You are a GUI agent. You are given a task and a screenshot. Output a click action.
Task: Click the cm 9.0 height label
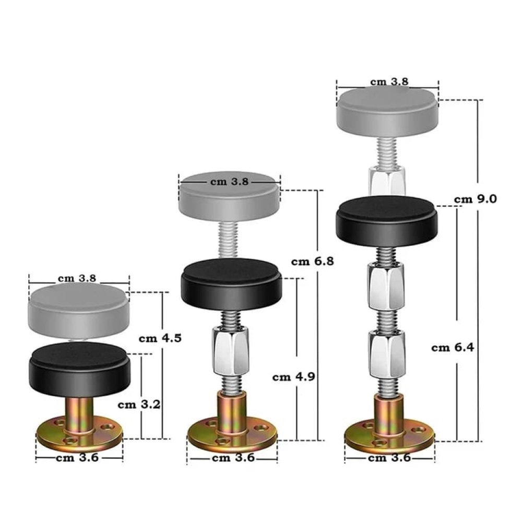476,199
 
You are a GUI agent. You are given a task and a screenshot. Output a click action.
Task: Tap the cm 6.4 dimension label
453,348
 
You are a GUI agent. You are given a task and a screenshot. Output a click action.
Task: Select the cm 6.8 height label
312,262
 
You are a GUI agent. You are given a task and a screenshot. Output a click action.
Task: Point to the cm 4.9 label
293,377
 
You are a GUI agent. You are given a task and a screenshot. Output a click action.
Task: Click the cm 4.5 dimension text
160,338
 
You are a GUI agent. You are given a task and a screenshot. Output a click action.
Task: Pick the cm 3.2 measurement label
139,405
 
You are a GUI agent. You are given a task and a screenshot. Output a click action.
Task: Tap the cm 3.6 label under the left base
77,458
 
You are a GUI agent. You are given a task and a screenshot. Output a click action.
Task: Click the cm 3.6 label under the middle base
233,458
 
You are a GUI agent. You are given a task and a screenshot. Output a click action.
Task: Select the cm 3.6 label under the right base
389,458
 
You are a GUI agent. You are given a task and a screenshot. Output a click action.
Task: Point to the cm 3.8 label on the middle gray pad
229,182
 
